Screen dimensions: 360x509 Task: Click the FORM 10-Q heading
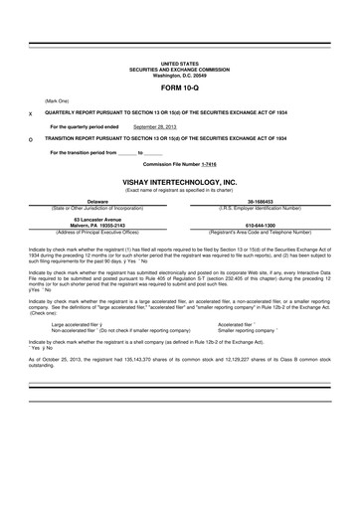179,87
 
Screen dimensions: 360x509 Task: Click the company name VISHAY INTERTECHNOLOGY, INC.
179,183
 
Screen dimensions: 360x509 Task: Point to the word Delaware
100,201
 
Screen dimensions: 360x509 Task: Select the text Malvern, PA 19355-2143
100,225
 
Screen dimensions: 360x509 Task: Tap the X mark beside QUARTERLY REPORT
31,114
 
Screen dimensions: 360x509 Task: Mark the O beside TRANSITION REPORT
31,140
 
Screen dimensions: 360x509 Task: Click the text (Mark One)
57,101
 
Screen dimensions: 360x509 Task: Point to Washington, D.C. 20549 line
179,74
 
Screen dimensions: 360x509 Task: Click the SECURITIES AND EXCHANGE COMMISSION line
179,68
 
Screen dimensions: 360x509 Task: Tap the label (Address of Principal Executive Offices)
100,231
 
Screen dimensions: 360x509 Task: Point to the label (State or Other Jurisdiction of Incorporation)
100,207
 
